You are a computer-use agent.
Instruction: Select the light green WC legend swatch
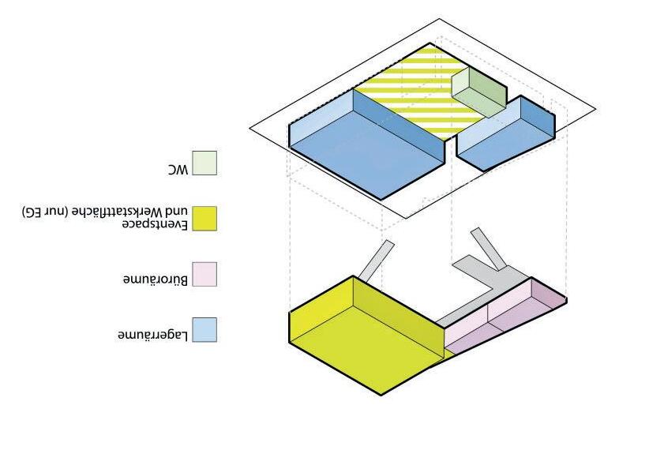point(204,163)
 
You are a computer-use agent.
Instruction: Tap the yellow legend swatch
point(204,219)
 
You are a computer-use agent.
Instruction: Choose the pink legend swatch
point(204,274)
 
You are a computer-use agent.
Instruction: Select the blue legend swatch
point(204,329)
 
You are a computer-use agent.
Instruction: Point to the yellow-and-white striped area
point(411,87)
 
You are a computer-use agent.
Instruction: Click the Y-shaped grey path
point(489,268)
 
